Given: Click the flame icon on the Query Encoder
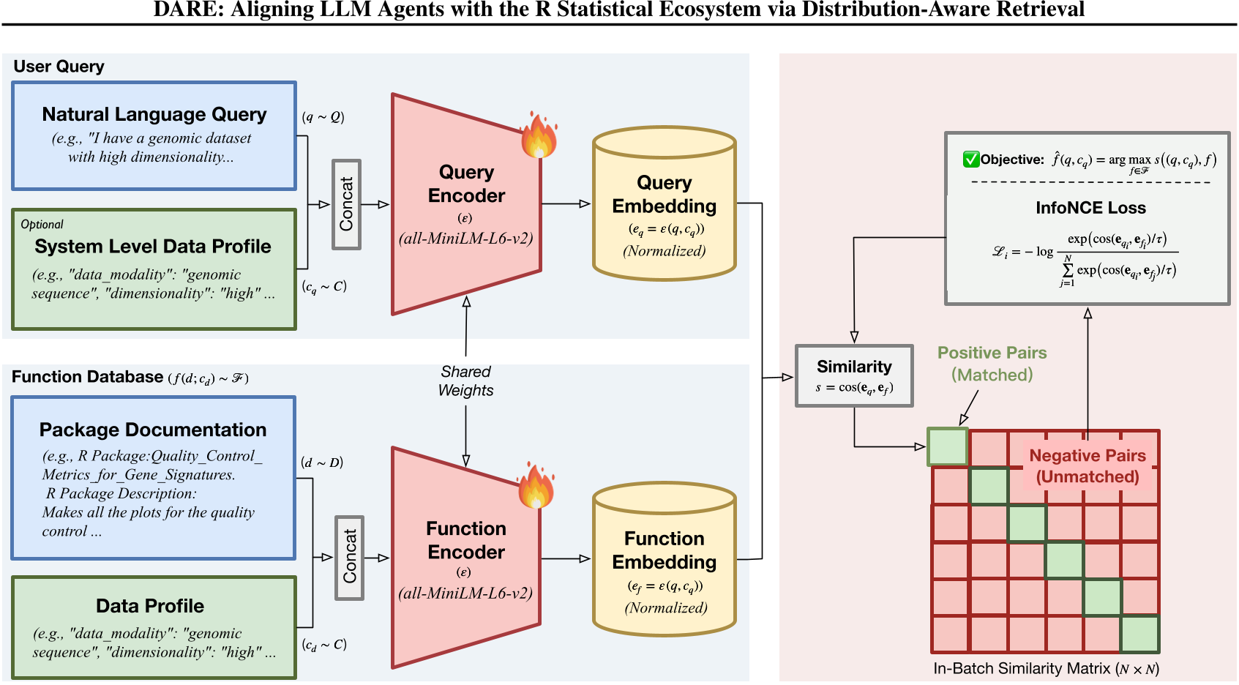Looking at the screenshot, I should point(539,136).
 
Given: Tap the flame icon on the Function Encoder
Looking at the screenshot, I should point(536,487).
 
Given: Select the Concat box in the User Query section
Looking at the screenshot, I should point(346,205).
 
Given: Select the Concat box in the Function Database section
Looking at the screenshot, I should point(349,558).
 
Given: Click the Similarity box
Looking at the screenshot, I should point(854,375).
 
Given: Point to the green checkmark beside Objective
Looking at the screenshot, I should point(971,160).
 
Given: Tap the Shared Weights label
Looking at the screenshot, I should point(465,381).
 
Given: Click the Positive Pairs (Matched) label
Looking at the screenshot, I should point(992,364).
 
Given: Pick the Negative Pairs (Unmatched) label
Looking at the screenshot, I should point(1087,466).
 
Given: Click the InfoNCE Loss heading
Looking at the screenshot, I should point(1090,208).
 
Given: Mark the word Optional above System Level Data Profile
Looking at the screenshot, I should point(42,225).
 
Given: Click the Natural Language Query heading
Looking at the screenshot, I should point(154,115).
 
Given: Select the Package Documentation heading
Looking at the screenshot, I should point(153,430).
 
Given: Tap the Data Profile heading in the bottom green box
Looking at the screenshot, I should point(150,606).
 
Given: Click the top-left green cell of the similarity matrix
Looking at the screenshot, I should point(948,446).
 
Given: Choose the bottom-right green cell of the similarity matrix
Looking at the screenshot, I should point(1139,635).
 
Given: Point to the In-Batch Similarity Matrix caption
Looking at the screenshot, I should point(1046,669).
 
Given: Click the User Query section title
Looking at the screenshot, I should point(59,67).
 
